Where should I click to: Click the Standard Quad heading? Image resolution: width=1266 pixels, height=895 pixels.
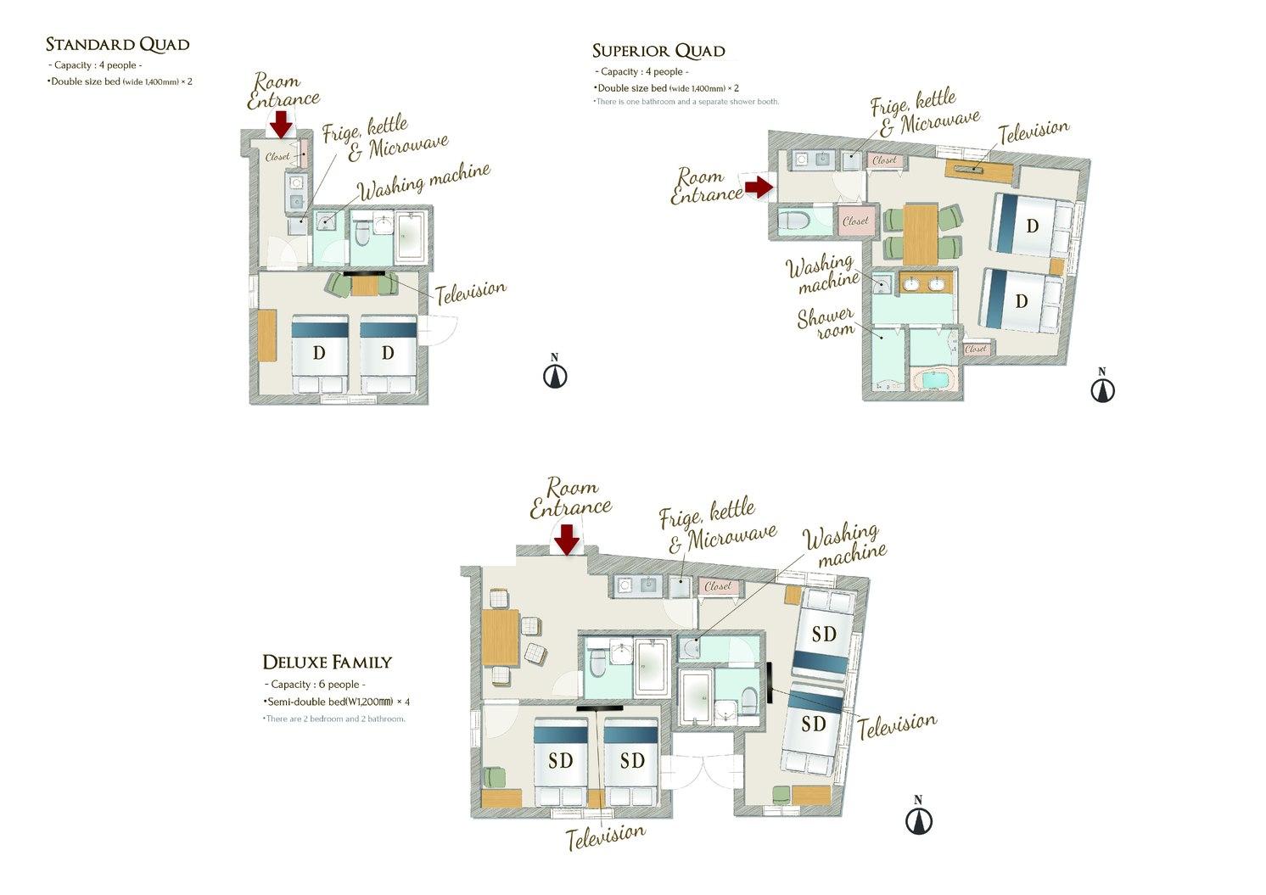pyautogui.click(x=117, y=44)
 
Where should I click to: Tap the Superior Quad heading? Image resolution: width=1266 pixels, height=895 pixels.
pyautogui.click(x=658, y=51)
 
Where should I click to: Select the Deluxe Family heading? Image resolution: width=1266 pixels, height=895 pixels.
pyautogui.click(x=327, y=662)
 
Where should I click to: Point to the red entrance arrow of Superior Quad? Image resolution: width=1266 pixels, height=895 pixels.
pyautogui.click(x=758, y=187)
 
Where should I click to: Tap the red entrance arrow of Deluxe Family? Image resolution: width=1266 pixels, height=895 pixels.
pyautogui.click(x=567, y=539)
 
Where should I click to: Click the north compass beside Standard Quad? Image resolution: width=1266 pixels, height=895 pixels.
pyautogui.click(x=555, y=375)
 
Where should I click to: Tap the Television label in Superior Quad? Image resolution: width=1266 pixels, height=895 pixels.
pyautogui.click(x=1033, y=131)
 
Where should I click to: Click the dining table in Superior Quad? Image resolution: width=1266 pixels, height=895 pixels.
pyautogui.click(x=921, y=233)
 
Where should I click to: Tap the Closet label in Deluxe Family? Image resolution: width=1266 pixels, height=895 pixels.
pyautogui.click(x=718, y=586)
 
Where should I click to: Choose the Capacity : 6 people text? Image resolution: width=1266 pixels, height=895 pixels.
pyautogui.click(x=315, y=685)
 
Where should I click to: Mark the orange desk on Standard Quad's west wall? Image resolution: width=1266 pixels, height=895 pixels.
pyautogui.click(x=268, y=336)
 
